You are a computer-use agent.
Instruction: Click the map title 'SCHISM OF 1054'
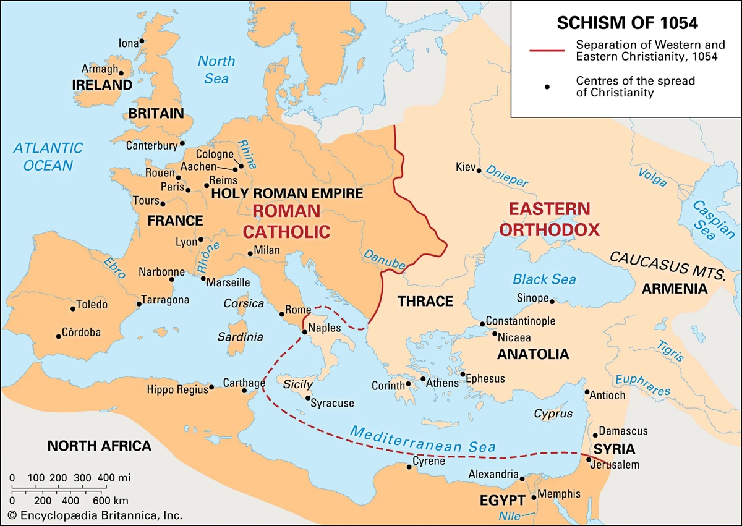[628, 23]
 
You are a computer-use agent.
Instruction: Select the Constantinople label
[520, 321]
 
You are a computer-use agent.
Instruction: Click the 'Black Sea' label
[544, 279]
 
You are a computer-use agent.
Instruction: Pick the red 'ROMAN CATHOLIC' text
[286, 221]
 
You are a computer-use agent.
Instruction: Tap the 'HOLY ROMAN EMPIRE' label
[287, 193]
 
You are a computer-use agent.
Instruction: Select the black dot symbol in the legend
[547, 87]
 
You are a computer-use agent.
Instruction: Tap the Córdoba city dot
[59, 336]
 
